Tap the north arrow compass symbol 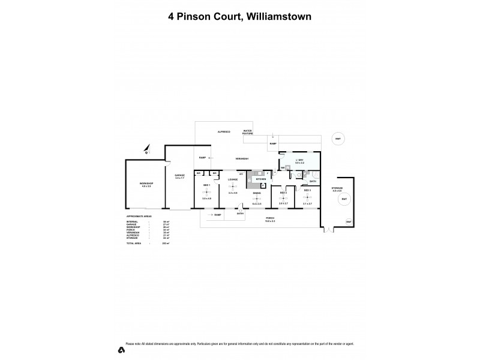[x=146, y=149]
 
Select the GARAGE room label [x=179, y=175]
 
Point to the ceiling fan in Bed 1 [x=206, y=191]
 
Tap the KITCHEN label [x=260, y=179]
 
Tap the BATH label [x=312, y=181]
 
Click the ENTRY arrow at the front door [x=240, y=211]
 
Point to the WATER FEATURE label [x=247, y=131]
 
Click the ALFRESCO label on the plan [x=224, y=130]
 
